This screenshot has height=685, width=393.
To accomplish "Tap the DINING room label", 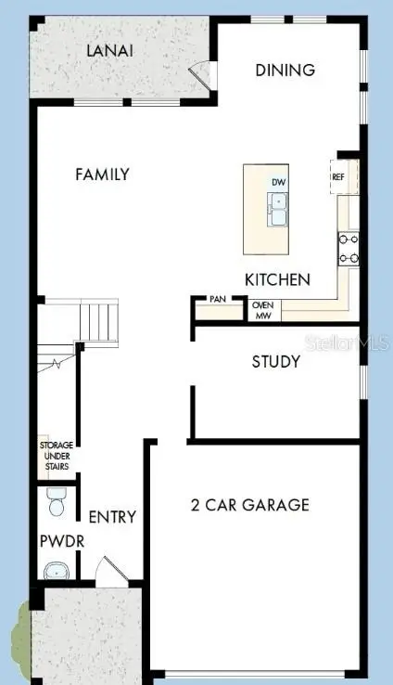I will (285, 70).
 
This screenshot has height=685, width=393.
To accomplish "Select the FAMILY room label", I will (102, 174).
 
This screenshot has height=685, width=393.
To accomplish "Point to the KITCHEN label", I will (277, 279).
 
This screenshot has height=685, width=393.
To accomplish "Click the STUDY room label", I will (275, 361).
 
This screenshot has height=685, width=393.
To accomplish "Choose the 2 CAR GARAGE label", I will (249, 505).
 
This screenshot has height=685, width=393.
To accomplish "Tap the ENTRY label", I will (112, 517).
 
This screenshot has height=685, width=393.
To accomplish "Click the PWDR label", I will (55, 540).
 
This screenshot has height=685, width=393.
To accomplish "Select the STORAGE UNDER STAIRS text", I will (55, 456).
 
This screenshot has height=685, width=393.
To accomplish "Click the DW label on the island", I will (278, 183).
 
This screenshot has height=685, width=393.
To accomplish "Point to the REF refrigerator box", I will (339, 175).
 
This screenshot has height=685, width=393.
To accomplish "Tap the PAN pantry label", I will (218, 300).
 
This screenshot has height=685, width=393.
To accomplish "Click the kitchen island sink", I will (278, 209).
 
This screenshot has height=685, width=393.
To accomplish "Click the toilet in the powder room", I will (55, 505).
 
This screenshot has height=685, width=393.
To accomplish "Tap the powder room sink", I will (57, 570).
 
